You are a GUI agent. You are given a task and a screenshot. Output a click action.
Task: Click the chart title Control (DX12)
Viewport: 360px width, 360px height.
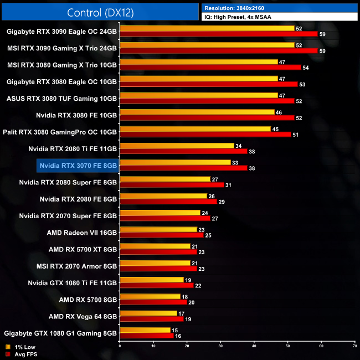(x=100, y=12)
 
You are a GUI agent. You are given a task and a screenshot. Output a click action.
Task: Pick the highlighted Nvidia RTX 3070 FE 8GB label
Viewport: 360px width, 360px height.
(x=78, y=165)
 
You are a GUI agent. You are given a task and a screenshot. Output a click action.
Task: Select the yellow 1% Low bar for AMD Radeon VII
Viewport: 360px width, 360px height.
(x=158, y=229)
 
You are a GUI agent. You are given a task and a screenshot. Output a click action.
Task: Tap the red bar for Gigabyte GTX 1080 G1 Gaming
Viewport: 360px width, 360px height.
(x=147, y=336)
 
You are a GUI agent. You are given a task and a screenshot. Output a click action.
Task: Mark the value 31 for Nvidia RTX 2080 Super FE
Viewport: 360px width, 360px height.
(x=228, y=184)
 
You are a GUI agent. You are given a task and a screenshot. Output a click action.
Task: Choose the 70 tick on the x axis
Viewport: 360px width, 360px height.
(x=354, y=346)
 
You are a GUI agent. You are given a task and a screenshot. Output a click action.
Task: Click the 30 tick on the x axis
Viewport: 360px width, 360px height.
(x=220, y=346)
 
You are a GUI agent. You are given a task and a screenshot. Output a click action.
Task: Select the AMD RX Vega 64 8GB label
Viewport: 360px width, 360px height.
(x=83, y=317)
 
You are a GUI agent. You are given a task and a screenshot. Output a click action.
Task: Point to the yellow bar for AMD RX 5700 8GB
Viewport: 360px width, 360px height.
(x=150, y=296)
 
